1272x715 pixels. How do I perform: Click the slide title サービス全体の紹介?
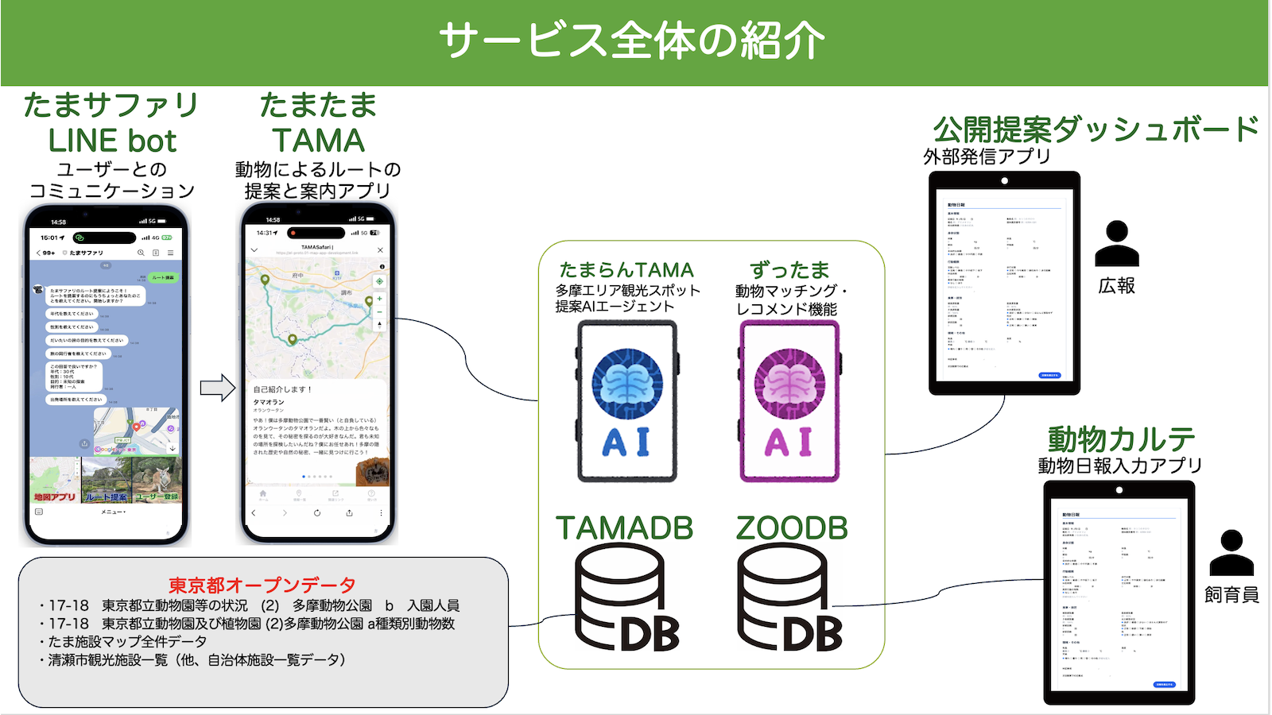[632, 41]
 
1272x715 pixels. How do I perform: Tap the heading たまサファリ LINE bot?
[111, 123]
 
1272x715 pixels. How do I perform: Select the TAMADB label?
[624, 528]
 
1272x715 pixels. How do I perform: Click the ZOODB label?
[792, 528]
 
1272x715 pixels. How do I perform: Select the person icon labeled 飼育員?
[1231, 553]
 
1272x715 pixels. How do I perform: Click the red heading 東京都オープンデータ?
[262, 586]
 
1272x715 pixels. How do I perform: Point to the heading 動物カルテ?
[1121, 439]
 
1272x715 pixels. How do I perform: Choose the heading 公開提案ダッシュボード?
[1096, 129]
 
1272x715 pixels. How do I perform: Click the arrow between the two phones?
[217, 388]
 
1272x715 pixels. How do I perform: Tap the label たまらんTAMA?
[626, 270]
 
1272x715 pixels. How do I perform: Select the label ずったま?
[789, 270]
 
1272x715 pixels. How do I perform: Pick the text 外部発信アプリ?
[987, 157]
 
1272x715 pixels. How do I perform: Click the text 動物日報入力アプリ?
[1119, 466]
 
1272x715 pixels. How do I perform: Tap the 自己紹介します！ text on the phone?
[283, 389]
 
